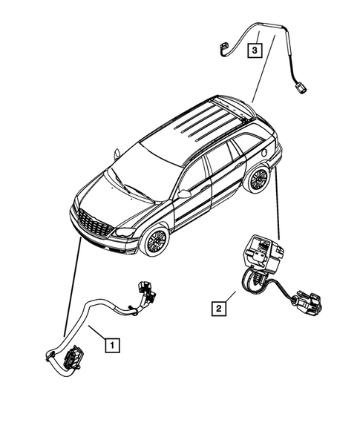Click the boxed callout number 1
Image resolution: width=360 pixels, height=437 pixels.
click(x=111, y=344)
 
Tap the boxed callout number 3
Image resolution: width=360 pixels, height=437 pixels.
click(x=255, y=50)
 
